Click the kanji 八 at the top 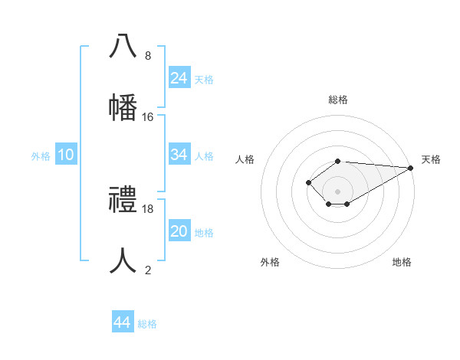tap(123, 47)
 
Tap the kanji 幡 tap(123, 108)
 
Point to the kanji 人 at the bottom tap(123, 261)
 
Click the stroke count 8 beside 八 tap(148, 56)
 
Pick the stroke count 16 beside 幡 tap(148, 117)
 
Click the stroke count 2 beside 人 tap(148, 270)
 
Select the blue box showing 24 tap(179, 78)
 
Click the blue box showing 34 tap(179, 155)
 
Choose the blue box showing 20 tap(179, 231)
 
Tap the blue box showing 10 tap(66, 155)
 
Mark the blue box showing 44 tap(122, 323)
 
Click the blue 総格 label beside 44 tap(147, 324)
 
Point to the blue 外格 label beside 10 tap(41, 155)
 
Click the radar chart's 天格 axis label tap(431, 159)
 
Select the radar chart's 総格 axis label tap(337, 100)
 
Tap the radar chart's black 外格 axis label tap(270, 262)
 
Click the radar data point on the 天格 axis tap(411, 168)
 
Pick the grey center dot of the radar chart tap(337, 191)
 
